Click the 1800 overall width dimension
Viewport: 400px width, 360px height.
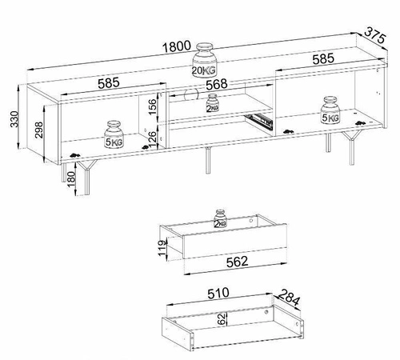[x=177, y=46]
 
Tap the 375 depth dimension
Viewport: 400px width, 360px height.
[x=375, y=35]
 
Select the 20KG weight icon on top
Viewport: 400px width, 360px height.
[x=205, y=60]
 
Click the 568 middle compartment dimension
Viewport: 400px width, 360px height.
[x=217, y=85]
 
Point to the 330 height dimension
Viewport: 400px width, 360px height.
[x=14, y=119]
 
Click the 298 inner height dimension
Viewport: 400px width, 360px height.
[x=39, y=130]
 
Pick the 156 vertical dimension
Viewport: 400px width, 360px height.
[x=152, y=106]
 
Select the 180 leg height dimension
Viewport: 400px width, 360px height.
[x=71, y=179]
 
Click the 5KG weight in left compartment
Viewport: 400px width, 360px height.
[x=114, y=134]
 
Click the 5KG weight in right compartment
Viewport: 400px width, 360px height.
[x=330, y=110]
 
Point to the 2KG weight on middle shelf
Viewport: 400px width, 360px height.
[x=213, y=103]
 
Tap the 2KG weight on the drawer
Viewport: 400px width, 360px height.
[x=220, y=219]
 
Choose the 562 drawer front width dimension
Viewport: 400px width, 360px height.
[x=237, y=262]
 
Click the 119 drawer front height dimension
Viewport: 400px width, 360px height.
[x=162, y=248]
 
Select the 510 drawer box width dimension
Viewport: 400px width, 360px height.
[x=218, y=293]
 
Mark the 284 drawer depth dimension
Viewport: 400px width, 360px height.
[x=289, y=297]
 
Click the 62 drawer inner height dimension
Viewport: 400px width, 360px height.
[x=222, y=318]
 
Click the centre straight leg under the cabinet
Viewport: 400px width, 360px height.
[x=208, y=160]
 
